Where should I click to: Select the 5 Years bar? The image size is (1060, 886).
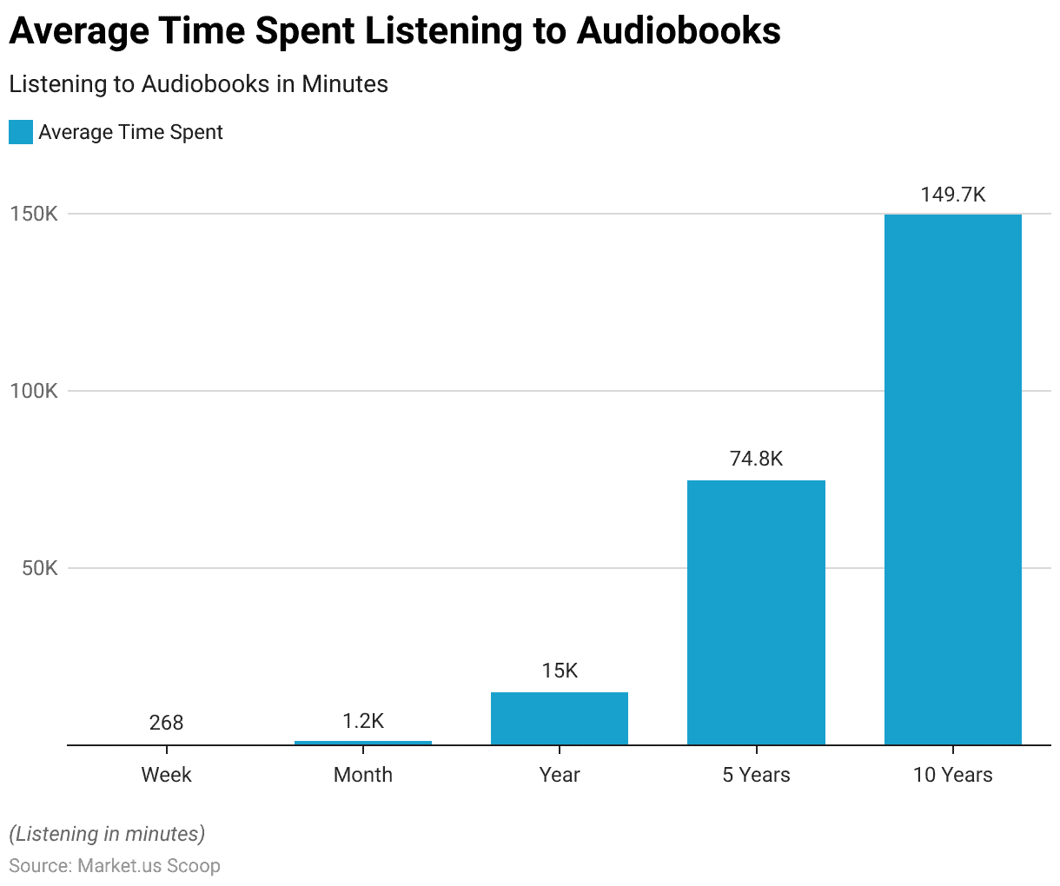click(x=756, y=612)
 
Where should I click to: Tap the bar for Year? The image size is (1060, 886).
click(x=560, y=718)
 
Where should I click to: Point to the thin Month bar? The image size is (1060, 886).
click(x=363, y=743)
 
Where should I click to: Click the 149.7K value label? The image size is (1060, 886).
click(x=953, y=195)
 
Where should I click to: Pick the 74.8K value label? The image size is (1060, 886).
click(x=756, y=459)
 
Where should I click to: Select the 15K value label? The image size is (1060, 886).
click(x=560, y=671)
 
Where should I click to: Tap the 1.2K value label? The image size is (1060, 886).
click(x=363, y=721)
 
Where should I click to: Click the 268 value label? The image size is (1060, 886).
click(x=166, y=723)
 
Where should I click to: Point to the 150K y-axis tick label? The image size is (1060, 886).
click(x=34, y=214)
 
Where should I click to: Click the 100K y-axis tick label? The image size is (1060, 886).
click(x=34, y=391)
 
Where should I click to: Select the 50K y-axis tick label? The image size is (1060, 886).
click(x=38, y=568)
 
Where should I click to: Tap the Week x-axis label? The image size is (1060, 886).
click(x=166, y=775)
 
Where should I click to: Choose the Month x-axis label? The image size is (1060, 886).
click(x=363, y=775)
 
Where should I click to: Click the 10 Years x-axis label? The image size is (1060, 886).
click(x=952, y=775)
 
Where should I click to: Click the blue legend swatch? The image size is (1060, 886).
click(x=21, y=132)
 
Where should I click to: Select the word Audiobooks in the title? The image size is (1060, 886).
click(x=678, y=31)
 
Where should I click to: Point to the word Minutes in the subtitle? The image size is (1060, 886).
click(x=345, y=84)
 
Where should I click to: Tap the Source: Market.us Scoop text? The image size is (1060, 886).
click(x=115, y=866)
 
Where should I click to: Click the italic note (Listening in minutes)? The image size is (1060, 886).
click(x=107, y=834)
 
